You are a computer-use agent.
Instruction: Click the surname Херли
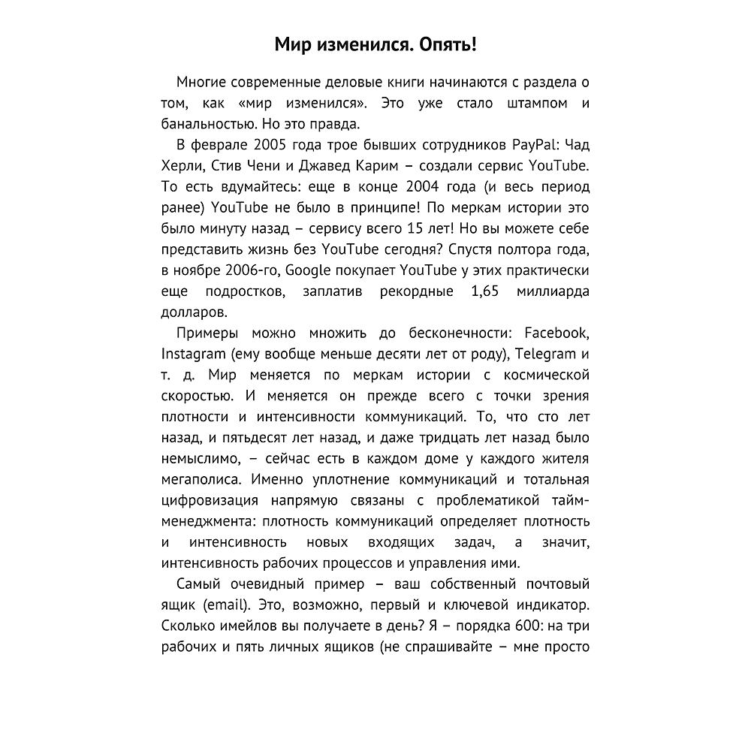[182, 165]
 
